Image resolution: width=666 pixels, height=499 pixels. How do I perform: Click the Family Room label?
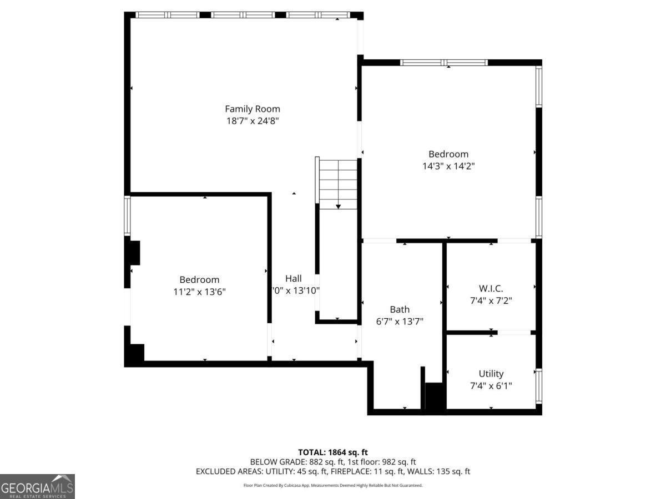[x=252, y=109]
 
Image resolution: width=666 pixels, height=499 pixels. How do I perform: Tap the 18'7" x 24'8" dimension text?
[x=252, y=121]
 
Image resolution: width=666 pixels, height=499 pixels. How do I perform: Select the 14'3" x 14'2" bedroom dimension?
[x=448, y=166]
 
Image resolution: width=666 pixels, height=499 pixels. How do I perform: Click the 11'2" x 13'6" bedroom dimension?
[x=199, y=291]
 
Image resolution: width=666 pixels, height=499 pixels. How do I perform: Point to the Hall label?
[x=294, y=278]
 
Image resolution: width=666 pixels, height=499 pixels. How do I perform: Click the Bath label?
[x=400, y=309]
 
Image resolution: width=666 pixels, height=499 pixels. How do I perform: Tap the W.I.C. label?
[x=491, y=288]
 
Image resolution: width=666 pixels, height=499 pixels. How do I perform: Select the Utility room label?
[x=491, y=374]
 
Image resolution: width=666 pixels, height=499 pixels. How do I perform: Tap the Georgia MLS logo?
[x=37, y=486]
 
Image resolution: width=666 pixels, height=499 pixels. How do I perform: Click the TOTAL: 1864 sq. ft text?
[x=333, y=452]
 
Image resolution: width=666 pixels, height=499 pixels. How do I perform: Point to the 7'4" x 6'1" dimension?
[x=491, y=385]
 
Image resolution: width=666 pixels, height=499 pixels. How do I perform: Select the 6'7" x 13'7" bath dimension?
[x=400, y=321]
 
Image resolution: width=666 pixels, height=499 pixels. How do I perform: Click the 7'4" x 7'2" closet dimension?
[x=491, y=301]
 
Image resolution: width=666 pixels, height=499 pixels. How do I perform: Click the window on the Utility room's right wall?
[x=538, y=386]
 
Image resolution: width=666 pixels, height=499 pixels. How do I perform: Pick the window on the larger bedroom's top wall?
[x=444, y=63]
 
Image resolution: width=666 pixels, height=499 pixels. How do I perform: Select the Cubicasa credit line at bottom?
[x=333, y=485]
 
